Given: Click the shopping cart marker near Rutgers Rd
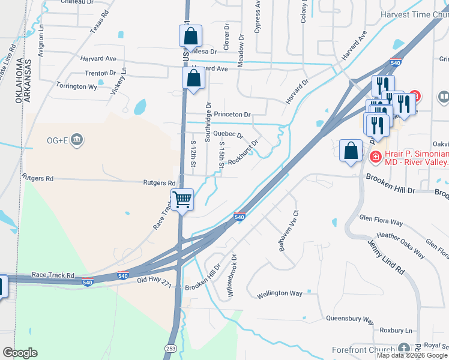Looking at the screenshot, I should pyautogui.click(x=182, y=200).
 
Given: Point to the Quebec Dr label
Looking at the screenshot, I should pyautogui.click(x=228, y=135).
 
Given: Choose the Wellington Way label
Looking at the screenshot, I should pyautogui.click(x=280, y=293).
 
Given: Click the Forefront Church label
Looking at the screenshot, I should pyautogui.click(x=364, y=349).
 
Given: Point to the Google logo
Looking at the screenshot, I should pyautogui.click(x=20, y=353).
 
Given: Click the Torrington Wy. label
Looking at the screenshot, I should pyautogui.click(x=77, y=86).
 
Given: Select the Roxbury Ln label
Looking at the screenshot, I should pyautogui.click(x=397, y=331).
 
